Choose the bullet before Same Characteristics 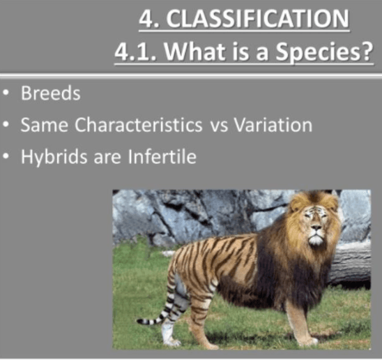[x=6, y=126]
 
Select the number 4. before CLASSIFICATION [x=148, y=18]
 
